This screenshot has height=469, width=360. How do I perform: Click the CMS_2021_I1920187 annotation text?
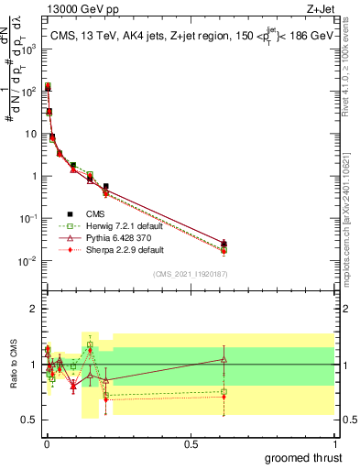click(x=190, y=273)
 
